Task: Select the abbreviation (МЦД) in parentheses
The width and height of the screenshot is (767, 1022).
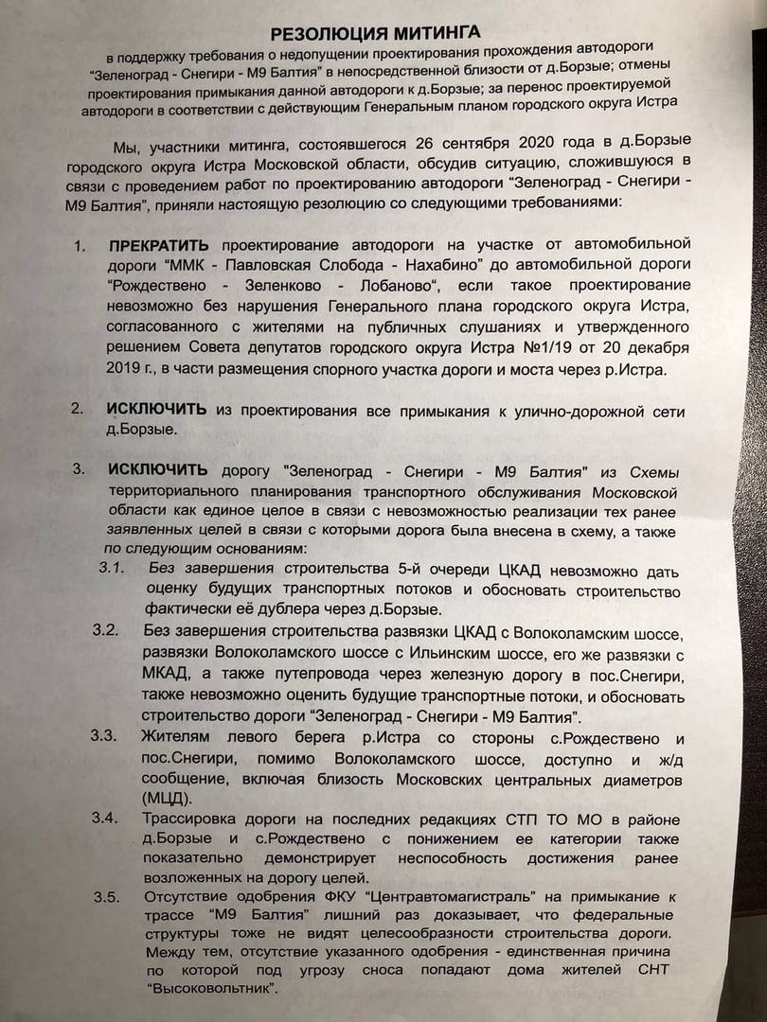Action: point(169,796)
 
